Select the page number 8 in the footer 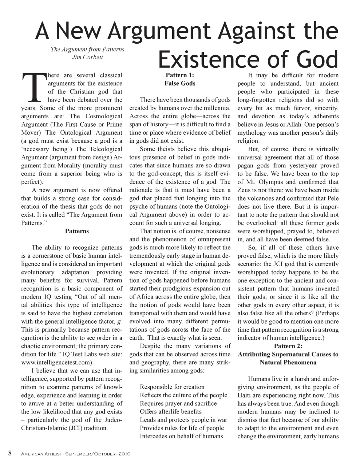tap(11, 453)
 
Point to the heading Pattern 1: tap(180, 75)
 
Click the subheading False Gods tap(180, 83)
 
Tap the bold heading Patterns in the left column tap(77, 231)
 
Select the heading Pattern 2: tap(288, 346)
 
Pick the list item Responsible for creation tap(172, 387)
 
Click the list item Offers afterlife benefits tap(170, 412)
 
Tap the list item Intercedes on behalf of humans tap(181, 436)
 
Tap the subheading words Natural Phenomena tap(288, 363)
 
